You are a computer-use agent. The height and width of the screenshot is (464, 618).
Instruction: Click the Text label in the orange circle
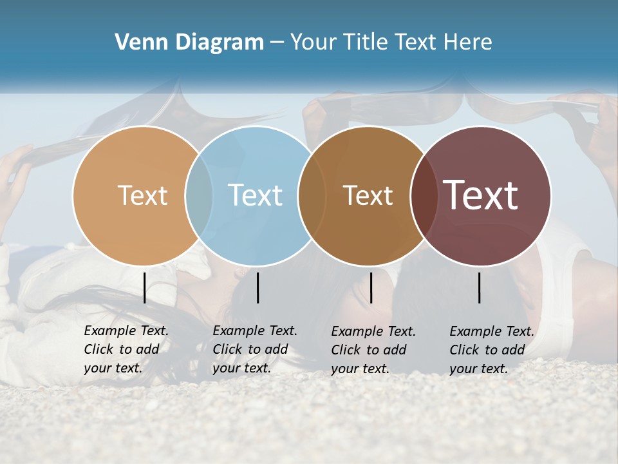(143, 195)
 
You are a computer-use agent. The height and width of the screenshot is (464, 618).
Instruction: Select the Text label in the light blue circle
(256, 195)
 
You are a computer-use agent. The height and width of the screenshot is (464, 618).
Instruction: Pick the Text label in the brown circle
(368, 195)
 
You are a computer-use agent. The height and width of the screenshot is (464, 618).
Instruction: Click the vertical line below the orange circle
(145, 287)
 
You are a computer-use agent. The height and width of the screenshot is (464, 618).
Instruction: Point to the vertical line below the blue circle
(257, 287)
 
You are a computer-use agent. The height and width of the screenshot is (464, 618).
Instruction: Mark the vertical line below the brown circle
(371, 287)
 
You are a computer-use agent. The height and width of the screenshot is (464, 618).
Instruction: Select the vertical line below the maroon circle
(480, 287)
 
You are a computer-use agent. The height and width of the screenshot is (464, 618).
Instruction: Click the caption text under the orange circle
(126, 349)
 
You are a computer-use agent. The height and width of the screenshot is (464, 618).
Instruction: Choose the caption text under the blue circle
(254, 349)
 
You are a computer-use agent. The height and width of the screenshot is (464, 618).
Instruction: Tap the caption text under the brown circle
(373, 350)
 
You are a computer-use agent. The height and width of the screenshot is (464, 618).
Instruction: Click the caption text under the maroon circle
(491, 350)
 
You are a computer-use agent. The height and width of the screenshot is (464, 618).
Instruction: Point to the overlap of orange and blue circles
(199, 195)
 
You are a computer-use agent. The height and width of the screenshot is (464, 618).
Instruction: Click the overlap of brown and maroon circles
(422, 195)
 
